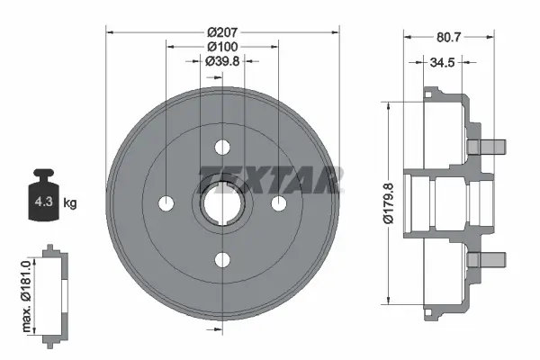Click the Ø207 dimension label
click(221, 31)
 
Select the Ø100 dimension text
click(221, 46)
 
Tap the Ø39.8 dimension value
click(221, 61)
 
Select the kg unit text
click(70, 203)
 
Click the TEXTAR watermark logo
click(270, 179)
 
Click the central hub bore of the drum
click(221, 202)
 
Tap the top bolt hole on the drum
click(221, 147)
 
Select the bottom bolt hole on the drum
click(221, 259)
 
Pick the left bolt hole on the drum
click(166, 202)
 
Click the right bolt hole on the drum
click(278, 202)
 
